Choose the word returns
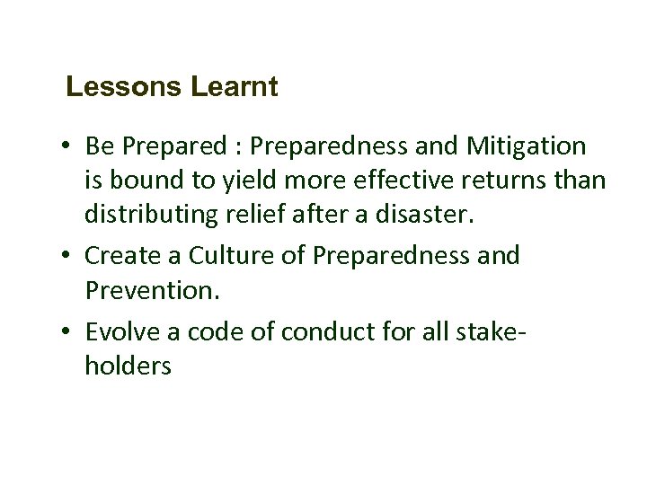point(519,181)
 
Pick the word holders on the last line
point(128,366)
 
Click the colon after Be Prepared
point(244,147)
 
